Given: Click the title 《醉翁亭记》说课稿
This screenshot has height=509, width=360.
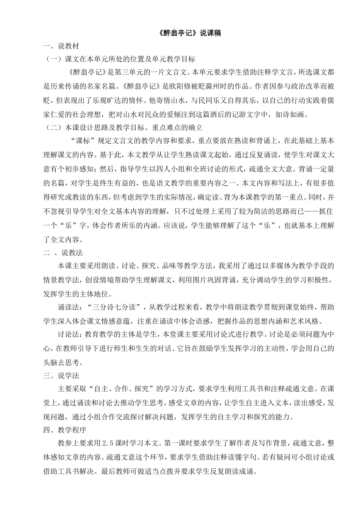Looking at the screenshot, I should [x=188, y=33].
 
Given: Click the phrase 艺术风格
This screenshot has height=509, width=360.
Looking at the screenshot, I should [x=304, y=321].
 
